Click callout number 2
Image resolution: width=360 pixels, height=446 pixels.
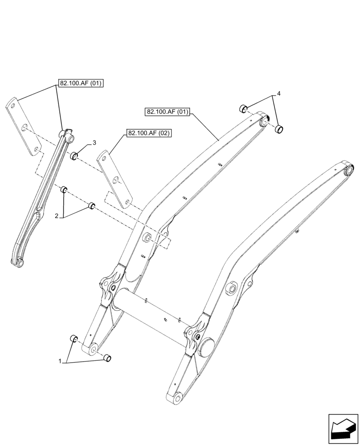pyautogui.click(x=57, y=216)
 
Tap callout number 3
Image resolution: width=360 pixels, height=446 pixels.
pyautogui.click(x=94, y=142)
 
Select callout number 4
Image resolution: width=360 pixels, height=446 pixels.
pyautogui.click(x=278, y=94)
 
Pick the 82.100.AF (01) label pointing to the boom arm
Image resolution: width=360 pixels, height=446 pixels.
pyautogui.click(x=167, y=111)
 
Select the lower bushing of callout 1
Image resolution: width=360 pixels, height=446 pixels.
pyautogui.click(x=107, y=358)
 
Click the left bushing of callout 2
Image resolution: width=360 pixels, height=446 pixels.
pyautogui.click(x=64, y=190)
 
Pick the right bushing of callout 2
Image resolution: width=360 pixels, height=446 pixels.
pyautogui.click(x=91, y=206)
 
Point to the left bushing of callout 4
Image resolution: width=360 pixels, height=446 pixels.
pyautogui.click(x=243, y=107)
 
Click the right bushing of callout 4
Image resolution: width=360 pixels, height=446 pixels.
pyautogui.click(x=279, y=129)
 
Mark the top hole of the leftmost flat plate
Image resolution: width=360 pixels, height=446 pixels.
pyautogui.click(x=14, y=106)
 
